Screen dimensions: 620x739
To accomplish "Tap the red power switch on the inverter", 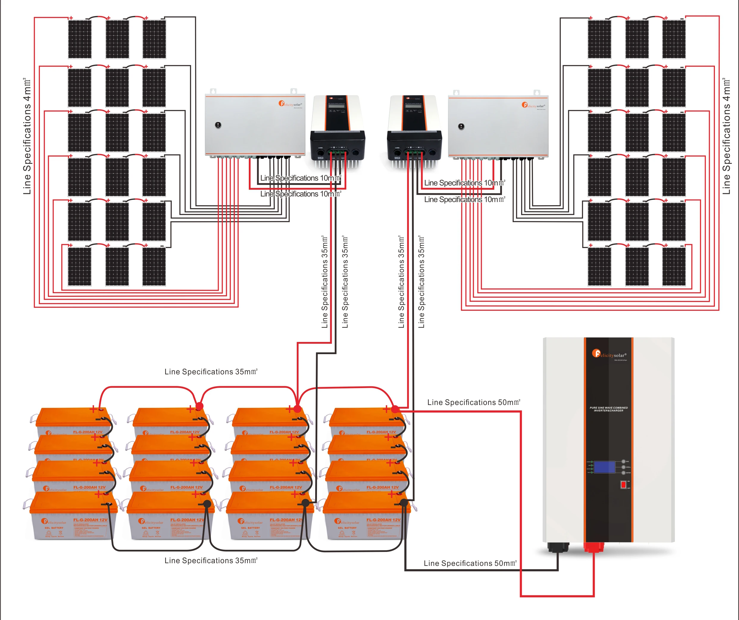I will pyautogui.click(x=623, y=485).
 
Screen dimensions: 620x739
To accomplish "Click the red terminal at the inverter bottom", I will pyautogui.click(x=594, y=547).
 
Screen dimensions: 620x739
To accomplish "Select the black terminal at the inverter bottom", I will pyautogui.click(x=558, y=547).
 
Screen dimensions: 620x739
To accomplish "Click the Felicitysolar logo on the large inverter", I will pyautogui.click(x=609, y=354).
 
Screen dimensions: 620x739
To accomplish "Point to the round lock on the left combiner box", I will pyautogui.click(x=218, y=125).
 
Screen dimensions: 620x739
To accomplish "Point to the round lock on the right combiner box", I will pyautogui.click(x=461, y=126).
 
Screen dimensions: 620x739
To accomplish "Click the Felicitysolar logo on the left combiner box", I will pyautogui.click(x=290, y=104).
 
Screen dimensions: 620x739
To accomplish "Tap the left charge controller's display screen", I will pyautogui.click(x=336, y=106).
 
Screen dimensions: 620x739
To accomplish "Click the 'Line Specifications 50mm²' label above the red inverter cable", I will pyautogui.click(x=473, y=402).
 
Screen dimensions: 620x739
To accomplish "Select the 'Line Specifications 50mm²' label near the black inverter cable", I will pyautogui.click(x=470, y=563).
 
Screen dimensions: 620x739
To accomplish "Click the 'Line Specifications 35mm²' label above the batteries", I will pyautogui.click(x=211, y=372).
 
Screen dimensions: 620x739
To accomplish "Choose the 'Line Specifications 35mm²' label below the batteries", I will pyautogui.click(x=211, y=560).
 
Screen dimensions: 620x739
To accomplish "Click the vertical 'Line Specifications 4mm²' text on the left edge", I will pyautogui.click(x=27, y=136).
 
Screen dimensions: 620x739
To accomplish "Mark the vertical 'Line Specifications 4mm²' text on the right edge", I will pyautogui.click(x=726, y=136).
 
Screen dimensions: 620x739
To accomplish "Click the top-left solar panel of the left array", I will pyautogui.click(x=79, y=39).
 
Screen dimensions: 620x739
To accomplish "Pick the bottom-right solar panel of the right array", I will pyautogui.click(x=674, y=266).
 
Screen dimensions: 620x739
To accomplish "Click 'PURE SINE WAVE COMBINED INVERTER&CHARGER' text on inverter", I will pyautogui.click(x=608, y=409).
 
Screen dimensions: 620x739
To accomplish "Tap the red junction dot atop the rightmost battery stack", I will pyautogui.click(x=395, y=409).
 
